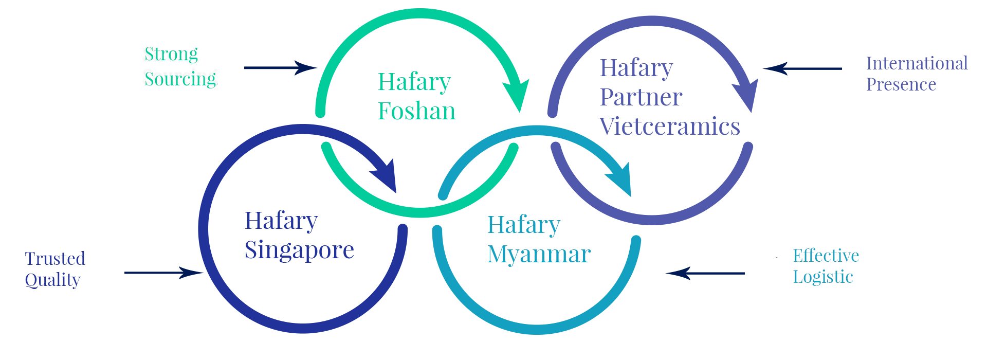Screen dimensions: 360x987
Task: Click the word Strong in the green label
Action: coord(171,54)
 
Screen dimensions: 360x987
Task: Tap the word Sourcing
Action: coord(180,79)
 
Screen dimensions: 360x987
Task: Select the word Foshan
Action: coord(416,111)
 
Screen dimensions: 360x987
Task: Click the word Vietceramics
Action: coord(669,127)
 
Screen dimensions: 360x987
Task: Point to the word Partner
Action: coord(641,97)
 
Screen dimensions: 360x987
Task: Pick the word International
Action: coord(917,63)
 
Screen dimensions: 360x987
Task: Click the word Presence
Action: coord(901,84)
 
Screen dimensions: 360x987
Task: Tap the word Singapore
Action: coord(299,250)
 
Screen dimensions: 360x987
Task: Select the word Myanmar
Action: coord(539,254)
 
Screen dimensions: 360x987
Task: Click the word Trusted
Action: coord(55,258)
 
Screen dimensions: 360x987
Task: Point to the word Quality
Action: coord(52,280)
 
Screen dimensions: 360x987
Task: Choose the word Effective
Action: coord(826,256)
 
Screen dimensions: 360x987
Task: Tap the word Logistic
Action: coord(822,277)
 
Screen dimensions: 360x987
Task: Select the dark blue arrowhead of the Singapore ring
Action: coord(386,177)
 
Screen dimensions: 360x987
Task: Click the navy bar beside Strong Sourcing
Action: coord(281,68)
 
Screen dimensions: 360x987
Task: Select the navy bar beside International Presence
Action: coord(802,68)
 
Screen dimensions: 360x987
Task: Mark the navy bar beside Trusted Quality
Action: coord(164,273)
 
